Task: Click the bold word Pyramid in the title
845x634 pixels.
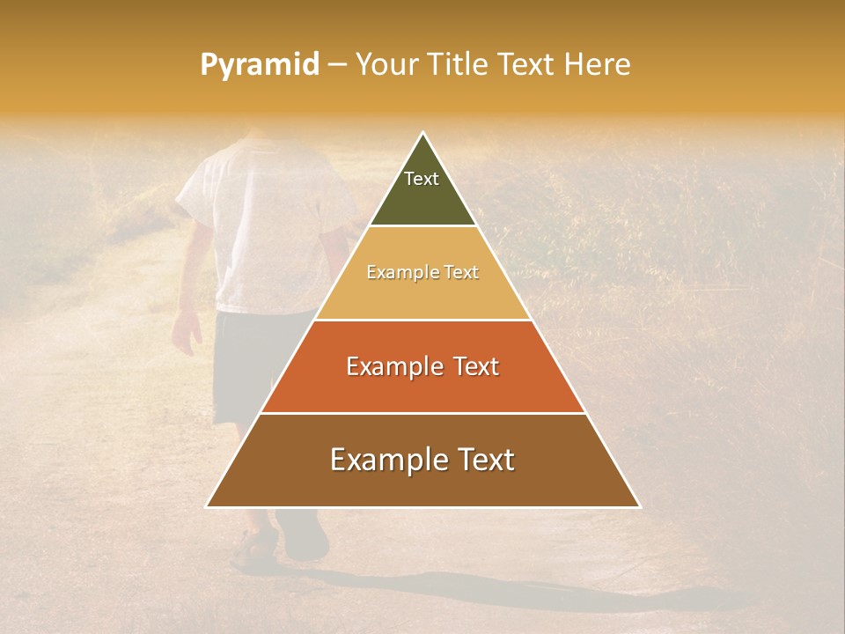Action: (x=259, y=65)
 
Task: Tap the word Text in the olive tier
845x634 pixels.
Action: (x=422, y=179)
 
